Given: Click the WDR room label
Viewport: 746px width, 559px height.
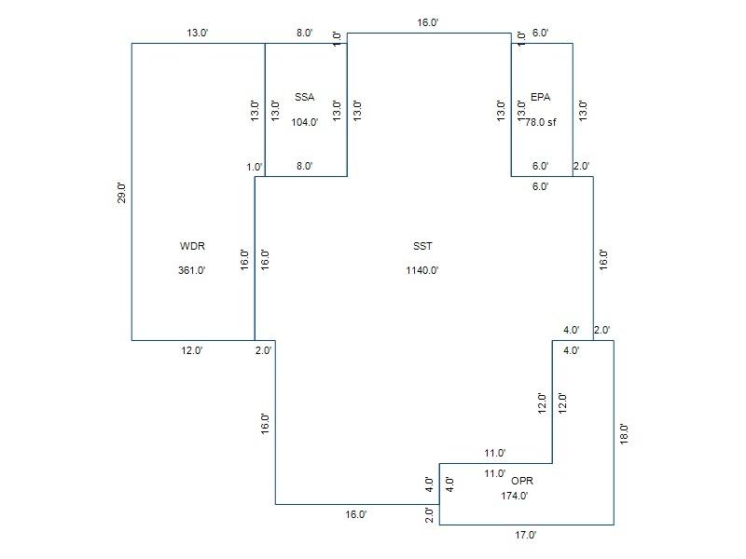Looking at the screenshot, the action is pos(192,246).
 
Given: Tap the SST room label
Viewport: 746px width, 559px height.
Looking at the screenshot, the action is pos(422,246).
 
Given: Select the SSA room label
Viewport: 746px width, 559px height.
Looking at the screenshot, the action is pos(305,98).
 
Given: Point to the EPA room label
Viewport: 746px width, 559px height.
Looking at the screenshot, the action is pos(541,98).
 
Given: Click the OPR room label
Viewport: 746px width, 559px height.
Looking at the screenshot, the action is pos(522,481).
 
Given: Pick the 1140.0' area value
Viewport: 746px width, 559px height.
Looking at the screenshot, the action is pos(422,270).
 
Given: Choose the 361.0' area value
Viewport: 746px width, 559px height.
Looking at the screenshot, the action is pos(192,270).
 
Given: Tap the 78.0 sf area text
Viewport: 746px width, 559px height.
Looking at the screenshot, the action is pos(541,122).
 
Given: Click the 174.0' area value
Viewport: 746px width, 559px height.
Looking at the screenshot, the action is pos(515,496).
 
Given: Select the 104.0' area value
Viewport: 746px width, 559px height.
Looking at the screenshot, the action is pos(305,122).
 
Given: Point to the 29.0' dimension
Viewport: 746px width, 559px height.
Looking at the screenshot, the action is pos(122,193).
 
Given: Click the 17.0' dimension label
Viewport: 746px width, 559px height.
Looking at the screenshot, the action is pos(525,535).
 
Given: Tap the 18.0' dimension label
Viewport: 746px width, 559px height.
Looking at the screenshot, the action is pos(624,434).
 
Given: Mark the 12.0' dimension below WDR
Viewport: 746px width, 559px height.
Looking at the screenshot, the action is pos(192,351).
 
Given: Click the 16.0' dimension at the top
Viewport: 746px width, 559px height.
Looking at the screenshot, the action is pos(428,22).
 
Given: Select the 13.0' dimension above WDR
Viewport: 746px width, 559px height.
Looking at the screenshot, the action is pos(198,34).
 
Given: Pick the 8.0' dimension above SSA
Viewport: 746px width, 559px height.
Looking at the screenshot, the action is pos(305,34).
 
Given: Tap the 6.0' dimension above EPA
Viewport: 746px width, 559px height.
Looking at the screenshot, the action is pos(540,34).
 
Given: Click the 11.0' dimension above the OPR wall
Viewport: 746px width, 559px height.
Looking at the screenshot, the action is pos(495,454).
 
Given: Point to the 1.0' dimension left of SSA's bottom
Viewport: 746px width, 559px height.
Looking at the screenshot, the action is pos(255,167).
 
